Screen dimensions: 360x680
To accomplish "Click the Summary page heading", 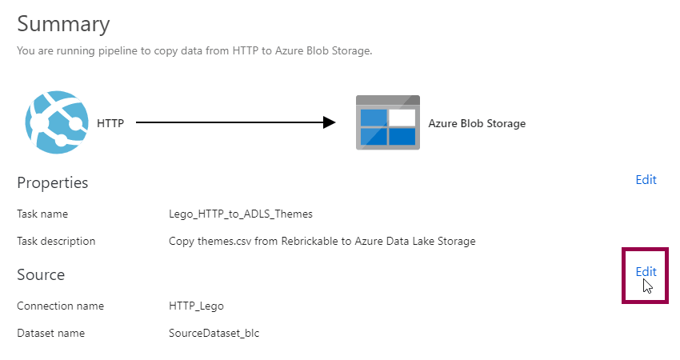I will coord(63,24).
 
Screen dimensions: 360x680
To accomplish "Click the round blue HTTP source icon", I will coord(55,122).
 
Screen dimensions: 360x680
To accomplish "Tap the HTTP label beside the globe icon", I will coord(110,123).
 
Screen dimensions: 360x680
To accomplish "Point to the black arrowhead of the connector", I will coord(328,122).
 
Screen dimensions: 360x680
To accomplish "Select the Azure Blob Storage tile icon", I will coord(387,122).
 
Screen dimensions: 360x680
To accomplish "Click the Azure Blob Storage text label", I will coord(477,123).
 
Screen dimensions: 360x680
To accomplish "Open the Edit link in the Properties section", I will coord(646,180).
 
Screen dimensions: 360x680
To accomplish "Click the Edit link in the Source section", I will coord(646,272).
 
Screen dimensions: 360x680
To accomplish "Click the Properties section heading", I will coord(53,183).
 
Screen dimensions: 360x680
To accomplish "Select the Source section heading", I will coord(41,275).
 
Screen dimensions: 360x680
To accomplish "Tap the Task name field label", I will coord(42,214).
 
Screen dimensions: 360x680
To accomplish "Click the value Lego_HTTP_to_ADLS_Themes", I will coord(241,214).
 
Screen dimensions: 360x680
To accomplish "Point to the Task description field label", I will coord(56,241).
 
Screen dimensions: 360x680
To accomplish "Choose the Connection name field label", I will coord(60,306).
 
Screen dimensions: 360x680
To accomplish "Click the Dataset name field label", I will coord(50,333).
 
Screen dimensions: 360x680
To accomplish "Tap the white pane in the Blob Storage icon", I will coord(402,118).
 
